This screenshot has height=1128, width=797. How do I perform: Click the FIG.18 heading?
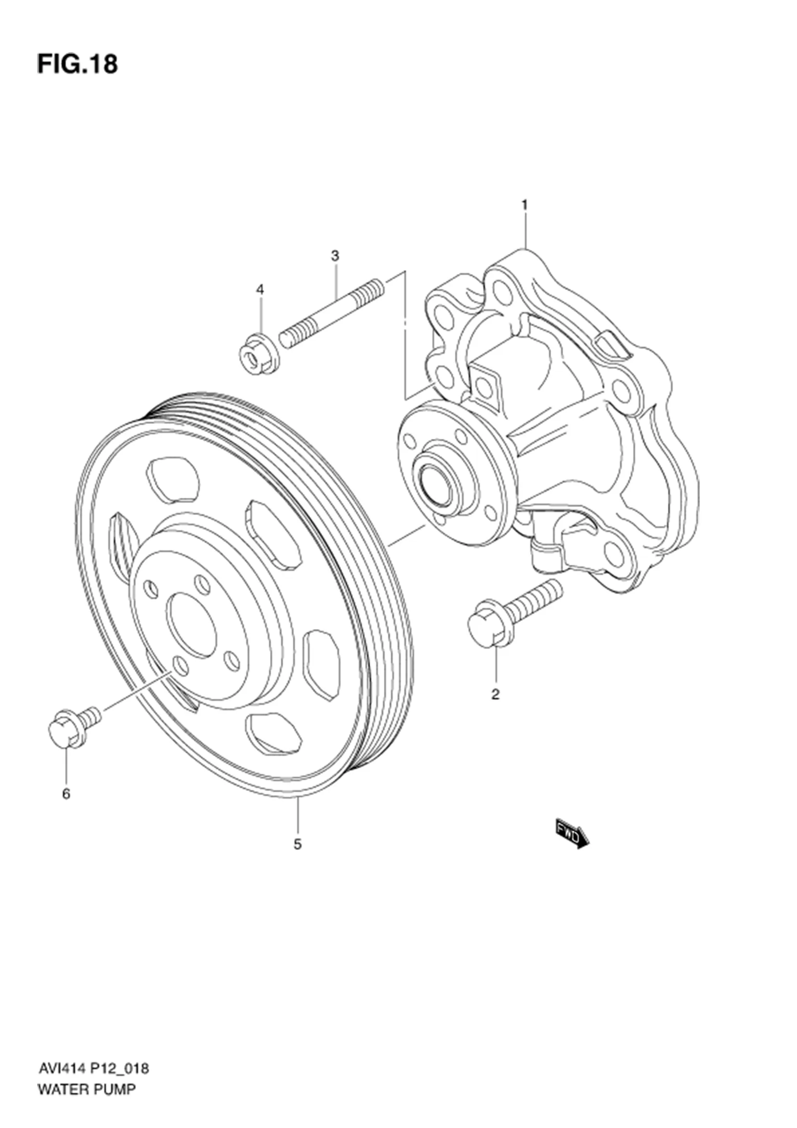click(77, 64)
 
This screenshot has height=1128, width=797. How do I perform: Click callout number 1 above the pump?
click(524, 205)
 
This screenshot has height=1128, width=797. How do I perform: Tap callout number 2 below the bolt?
click(495, 694)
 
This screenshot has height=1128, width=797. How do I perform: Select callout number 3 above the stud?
click(335, 256)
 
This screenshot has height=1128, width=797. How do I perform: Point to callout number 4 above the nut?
click(260, 290)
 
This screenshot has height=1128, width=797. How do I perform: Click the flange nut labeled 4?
click(259, 353)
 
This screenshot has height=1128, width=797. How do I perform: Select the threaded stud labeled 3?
click(331, 313)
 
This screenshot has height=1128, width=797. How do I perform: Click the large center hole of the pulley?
click(192, 625)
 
